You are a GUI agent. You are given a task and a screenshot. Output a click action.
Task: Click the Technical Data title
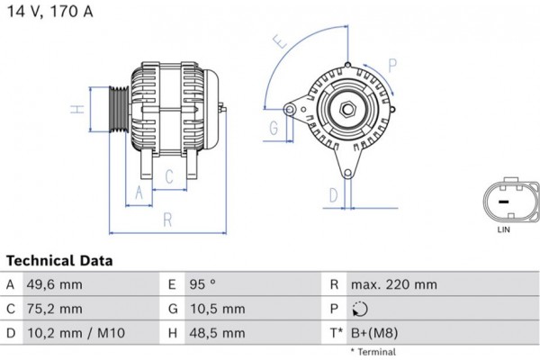pyautogui.click(x=59, y=260)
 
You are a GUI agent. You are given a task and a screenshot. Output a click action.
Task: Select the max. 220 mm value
pyautogui.click(x=395, y=284)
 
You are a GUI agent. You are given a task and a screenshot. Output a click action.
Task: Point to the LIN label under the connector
pyautogui.click(x=504, y=231)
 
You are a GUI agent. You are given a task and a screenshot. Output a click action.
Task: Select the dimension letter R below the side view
pyautogui.click(x=167, y=219)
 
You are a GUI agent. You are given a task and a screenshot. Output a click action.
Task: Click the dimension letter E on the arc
pyautogui.click(x=281, y=41)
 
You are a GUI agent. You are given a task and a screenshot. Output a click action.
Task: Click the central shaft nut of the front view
pyautogui.click(x=346, y=112)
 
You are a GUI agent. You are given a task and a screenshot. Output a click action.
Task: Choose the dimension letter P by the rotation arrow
pyautogui.click(x=392, y=63)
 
